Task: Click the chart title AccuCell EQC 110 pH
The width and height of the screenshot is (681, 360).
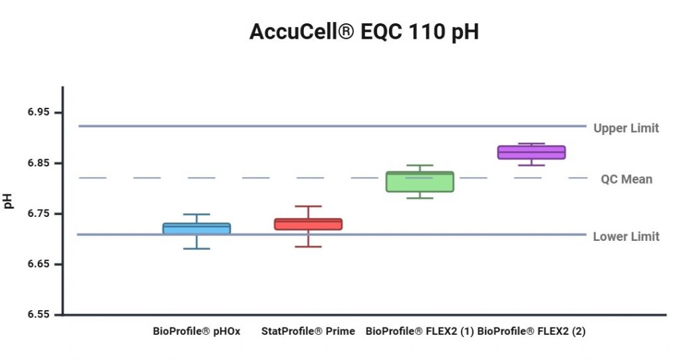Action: point(364,32)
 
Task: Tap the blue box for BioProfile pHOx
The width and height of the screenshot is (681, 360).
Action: point(196,228)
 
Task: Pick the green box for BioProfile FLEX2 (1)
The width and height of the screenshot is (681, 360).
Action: point(420,182)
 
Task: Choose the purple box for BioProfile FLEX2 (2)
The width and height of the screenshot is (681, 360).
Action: point(531,152)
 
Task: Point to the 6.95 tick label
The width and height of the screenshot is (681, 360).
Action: point(39,112)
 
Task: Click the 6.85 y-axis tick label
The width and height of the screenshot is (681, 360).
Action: point(39,163)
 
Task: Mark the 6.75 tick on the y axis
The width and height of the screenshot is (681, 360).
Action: point(39,214)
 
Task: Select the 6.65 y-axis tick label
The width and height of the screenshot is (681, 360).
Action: point(39,264)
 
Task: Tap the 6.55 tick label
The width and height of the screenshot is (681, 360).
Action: point(39,315)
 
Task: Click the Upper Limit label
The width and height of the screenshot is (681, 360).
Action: point(626,128)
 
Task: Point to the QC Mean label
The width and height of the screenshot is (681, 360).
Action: point(626,179)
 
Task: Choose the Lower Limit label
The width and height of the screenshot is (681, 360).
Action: point(626,236)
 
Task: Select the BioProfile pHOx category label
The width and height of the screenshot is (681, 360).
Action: point(196,331)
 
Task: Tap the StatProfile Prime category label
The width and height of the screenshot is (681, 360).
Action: point(308,331)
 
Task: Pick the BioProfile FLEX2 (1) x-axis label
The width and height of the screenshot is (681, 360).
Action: point(420,331)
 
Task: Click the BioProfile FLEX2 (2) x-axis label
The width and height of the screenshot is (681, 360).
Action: point(531,331)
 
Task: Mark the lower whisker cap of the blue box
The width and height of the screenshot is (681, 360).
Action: point(196,248)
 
